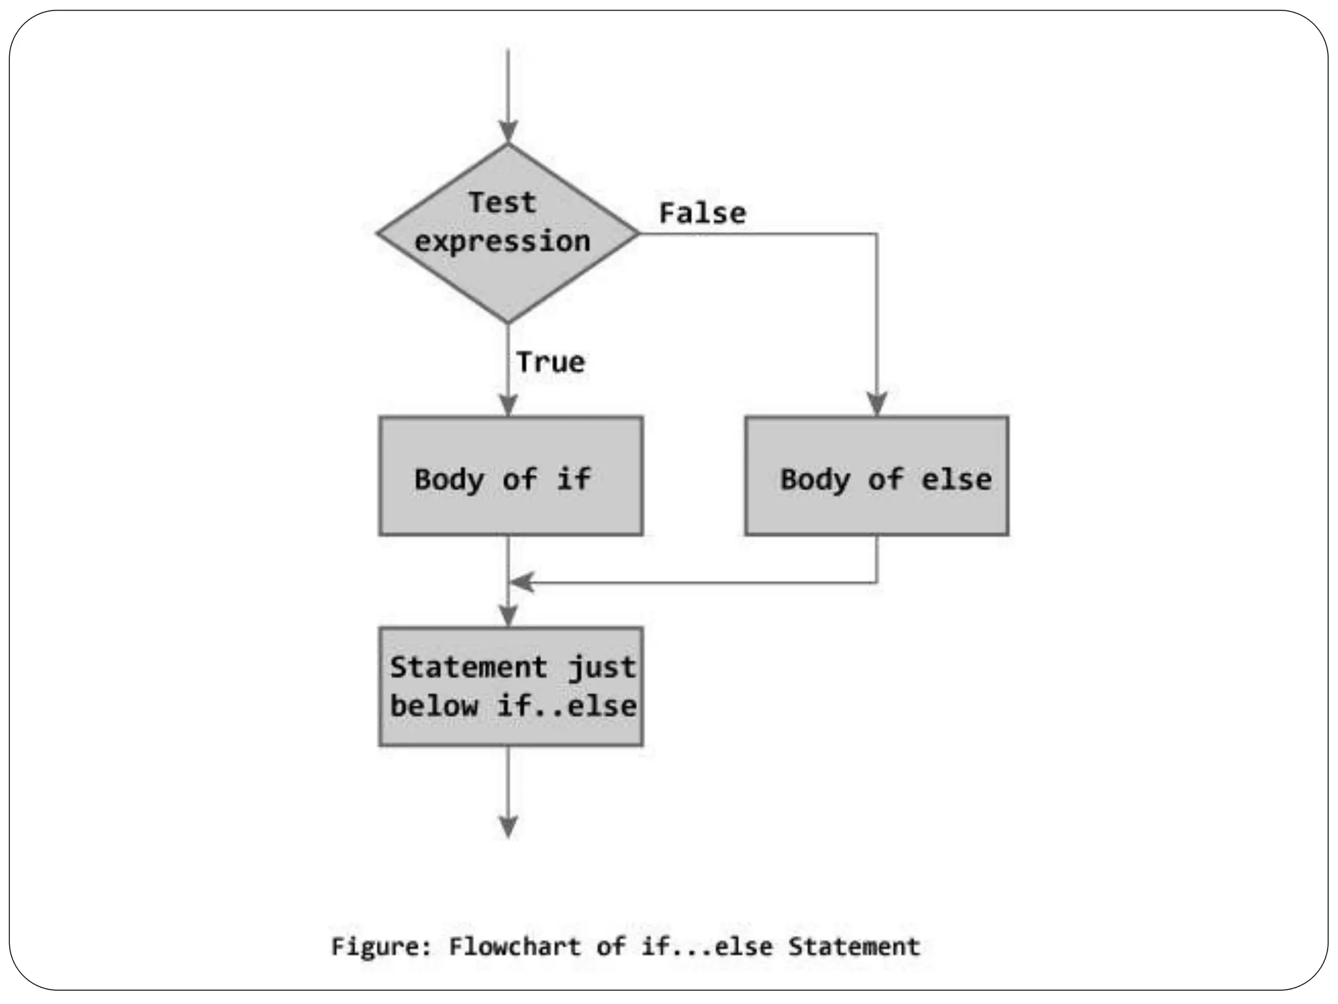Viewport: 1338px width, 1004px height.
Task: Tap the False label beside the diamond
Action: (702, 213)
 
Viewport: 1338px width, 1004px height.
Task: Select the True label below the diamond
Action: (550, 362)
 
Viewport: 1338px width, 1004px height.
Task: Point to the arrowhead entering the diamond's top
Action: (508, 131)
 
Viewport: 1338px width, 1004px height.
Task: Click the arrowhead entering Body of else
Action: (876, 403)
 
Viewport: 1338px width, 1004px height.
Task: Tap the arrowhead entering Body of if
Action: (508, 405)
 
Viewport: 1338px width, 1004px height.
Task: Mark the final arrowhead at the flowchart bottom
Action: (508, 826)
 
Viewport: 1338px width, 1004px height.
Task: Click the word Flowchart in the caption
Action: (514, 946)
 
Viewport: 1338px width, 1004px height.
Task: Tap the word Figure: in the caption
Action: (382, 946)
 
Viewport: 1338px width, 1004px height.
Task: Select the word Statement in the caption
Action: (854, 946)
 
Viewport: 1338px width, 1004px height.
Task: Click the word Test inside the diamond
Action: (502, 202)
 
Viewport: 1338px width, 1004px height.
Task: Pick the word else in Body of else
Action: (956, 480)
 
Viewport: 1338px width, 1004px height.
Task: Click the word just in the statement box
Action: (601, 668)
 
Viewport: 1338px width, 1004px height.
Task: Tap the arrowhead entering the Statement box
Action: (508, 615)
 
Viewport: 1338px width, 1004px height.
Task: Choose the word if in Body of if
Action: (573, 479)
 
